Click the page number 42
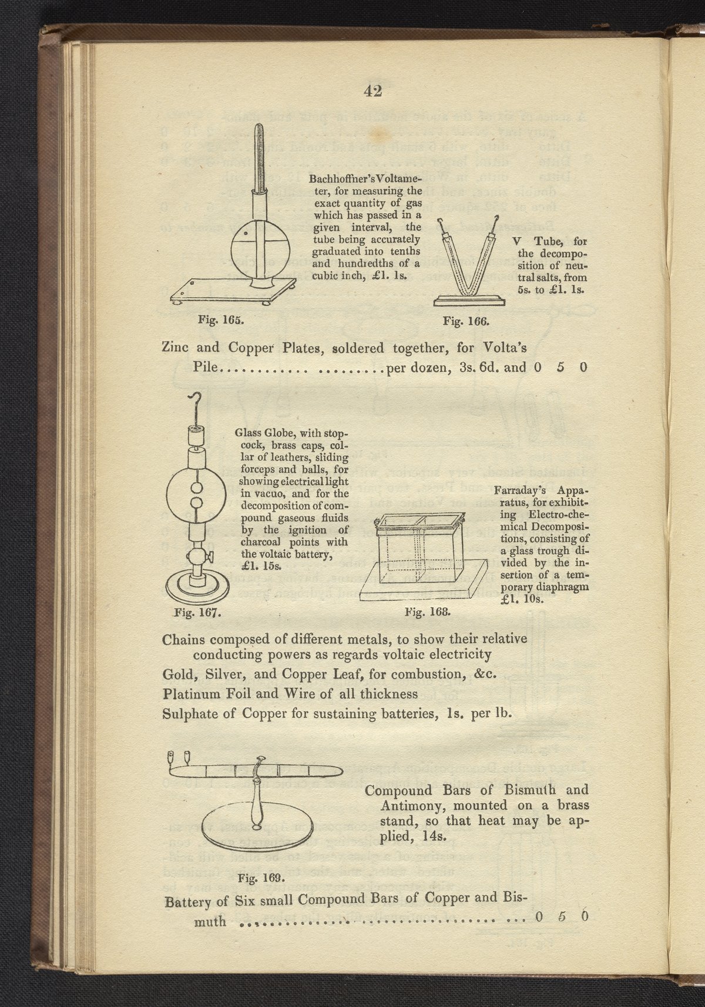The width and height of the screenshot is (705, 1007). click(x=373, y=90)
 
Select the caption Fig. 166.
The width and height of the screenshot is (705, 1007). click(x=466, y=321)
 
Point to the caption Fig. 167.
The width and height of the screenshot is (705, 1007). click(x=198, y=613)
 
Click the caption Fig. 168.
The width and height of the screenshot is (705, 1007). click(x=428, y=611)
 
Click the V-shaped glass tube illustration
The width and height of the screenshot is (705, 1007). click(x=468, y=264)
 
